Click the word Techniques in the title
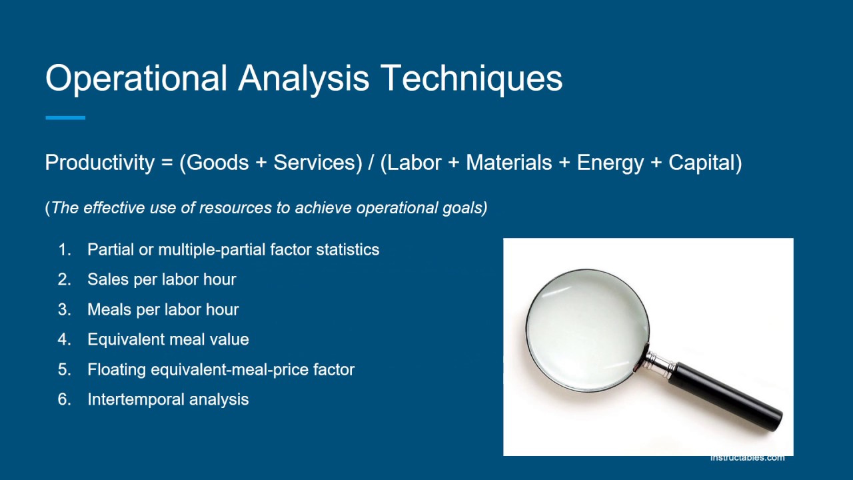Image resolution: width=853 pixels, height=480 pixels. point(471,79)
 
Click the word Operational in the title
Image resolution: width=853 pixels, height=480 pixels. point(137,79)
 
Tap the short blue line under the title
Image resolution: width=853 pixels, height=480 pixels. point(65,118)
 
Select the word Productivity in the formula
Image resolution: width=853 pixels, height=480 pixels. point(99,163)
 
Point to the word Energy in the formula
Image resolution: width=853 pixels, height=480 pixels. point(610,163)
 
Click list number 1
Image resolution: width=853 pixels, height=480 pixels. point(64,250)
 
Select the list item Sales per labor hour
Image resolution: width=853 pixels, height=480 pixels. point(161,279)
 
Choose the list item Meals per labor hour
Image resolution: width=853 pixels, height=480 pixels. point(163,309)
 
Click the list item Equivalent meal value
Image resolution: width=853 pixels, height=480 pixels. point(168,339)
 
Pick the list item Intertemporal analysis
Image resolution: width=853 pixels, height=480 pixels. point(168,399)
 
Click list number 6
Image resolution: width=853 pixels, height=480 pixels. point(64,399)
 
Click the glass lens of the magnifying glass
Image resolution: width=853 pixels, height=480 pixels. point(586,330)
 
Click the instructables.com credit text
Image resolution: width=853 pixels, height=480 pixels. point(747,457)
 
